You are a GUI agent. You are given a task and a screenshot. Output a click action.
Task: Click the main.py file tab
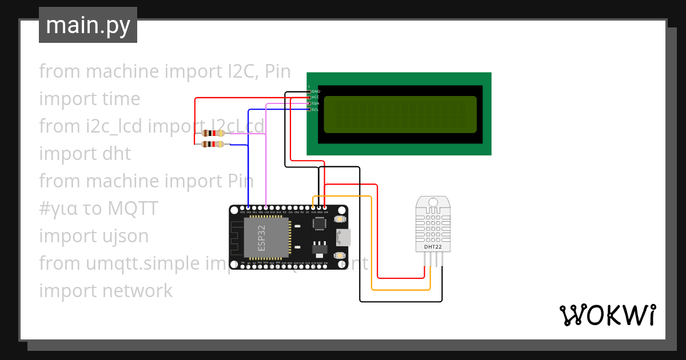pos(87,25)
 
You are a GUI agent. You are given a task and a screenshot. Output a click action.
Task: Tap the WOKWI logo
pos(607,315)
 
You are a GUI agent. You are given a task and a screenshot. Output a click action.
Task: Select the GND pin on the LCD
pos(309,91)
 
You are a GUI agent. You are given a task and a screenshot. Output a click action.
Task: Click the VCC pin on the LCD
pos(309,98)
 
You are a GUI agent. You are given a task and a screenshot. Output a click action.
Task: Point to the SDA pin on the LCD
pos(309,103)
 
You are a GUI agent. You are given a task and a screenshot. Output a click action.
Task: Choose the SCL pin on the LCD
pos(309,109)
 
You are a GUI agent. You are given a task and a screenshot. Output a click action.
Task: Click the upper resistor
pos(213,133)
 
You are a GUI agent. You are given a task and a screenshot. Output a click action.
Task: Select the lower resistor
pos(213,144)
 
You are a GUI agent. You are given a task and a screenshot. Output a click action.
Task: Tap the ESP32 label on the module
pos(261,238)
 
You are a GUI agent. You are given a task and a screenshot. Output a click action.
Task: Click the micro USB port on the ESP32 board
pos(344,237)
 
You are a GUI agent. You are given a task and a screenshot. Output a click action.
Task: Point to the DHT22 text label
pos(433,247)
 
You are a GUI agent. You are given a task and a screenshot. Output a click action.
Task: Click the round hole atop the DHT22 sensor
pos(433,202)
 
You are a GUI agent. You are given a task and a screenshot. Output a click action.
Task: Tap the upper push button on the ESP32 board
pos(340,220)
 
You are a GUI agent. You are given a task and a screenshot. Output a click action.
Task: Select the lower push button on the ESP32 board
pos(340,255)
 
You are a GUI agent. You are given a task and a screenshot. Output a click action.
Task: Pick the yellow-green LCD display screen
pos(400,114)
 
